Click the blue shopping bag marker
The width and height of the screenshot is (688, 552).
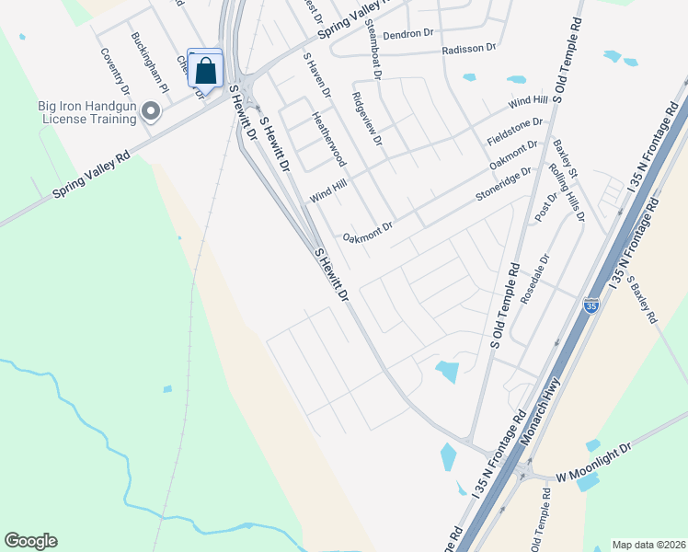click(205, 70)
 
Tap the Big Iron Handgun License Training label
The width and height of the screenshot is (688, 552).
click(86, 112)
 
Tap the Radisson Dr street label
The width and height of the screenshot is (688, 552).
click(468, 50)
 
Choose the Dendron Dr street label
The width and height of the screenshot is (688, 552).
click(407, 34)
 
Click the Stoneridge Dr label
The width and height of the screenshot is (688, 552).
click(503, 184)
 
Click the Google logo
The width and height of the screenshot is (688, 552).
click(30, 541)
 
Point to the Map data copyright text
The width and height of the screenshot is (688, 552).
click(648, 545)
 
